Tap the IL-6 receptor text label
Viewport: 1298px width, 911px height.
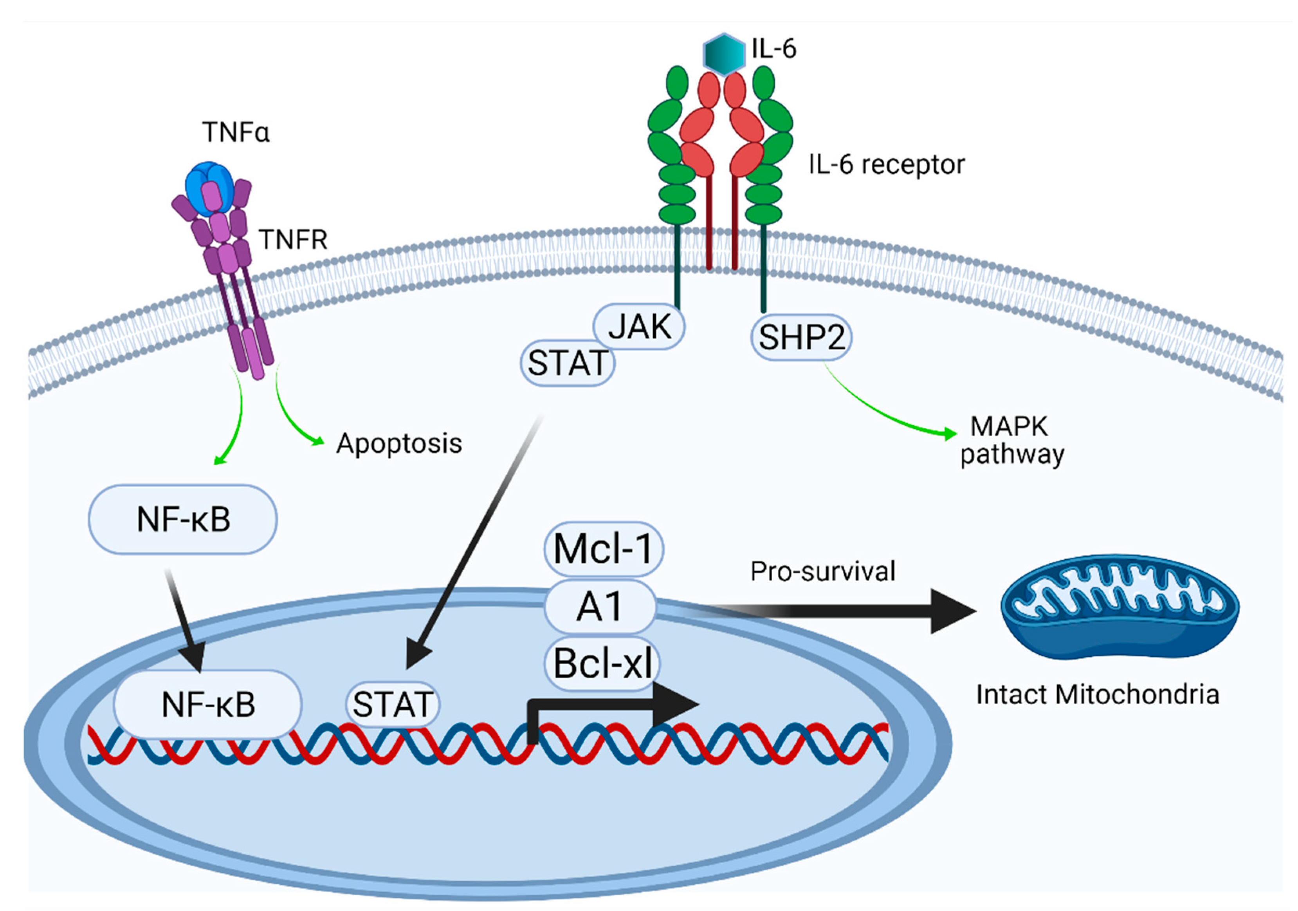coord(886,164)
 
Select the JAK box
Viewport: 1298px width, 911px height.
coord(639,327)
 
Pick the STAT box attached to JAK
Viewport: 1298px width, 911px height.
coord(567,362)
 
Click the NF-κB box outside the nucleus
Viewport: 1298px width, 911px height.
coord(182,519)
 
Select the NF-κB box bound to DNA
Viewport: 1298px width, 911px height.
coord(207,705)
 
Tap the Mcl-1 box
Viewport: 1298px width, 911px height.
coord(603,549)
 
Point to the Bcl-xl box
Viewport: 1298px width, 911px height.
coord(603,664)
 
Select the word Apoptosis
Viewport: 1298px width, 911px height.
coord(399,443)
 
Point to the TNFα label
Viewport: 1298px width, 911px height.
coord(236,132)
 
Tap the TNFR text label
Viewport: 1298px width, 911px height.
coord(293,240)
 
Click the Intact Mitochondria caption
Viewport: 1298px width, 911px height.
coord(1097,694)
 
